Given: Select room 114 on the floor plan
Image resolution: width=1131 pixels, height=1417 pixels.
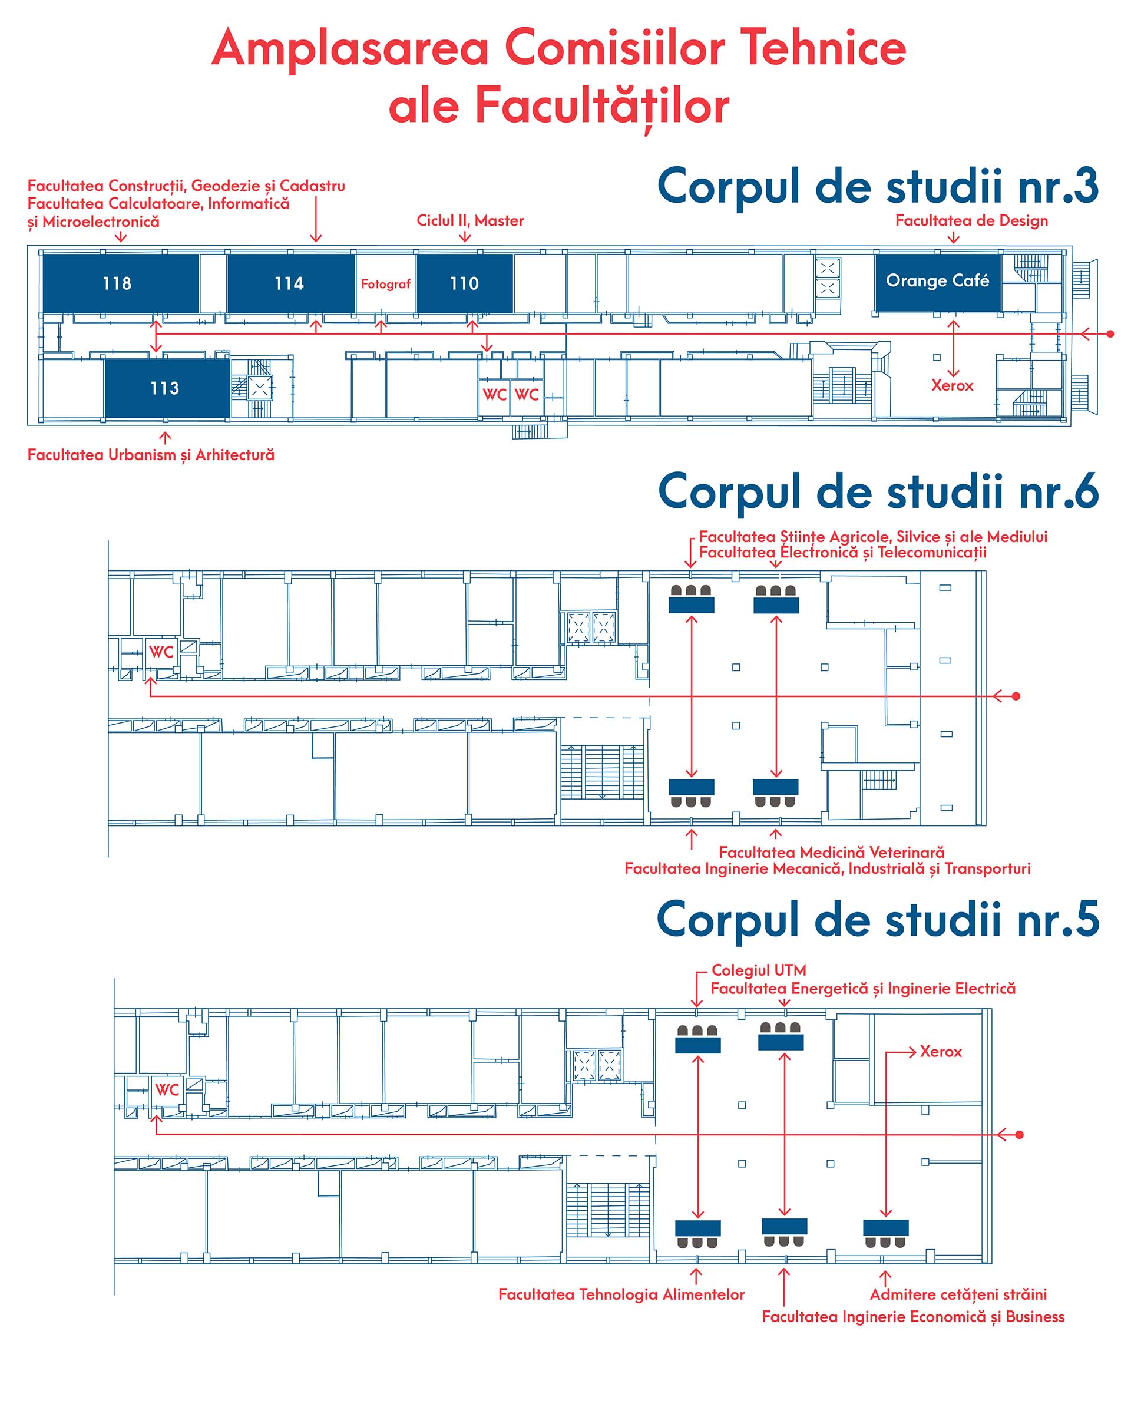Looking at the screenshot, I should pyautogui.click(x=290, y=283).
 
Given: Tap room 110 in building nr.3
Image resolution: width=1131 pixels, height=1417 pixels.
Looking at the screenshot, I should pyautogui.click(x=465, y=283).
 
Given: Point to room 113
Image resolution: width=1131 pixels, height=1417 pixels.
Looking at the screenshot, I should pyautogui.click(x=166, y=388).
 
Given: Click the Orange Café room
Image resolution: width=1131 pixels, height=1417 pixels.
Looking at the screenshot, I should pyautogui.click(x=937, y=280).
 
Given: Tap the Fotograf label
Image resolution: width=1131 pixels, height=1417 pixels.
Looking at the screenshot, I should pyautogui.click(x=386, y=284).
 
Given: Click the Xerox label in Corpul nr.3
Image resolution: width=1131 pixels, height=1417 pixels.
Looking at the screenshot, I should pyautogui.click(x=951, y=385).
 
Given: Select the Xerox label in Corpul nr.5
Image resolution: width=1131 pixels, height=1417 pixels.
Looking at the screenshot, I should pyautogui.click(x=940, y=1052).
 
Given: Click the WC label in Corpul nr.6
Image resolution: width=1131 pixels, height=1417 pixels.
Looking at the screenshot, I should pyautogui.click(x=161, y=652).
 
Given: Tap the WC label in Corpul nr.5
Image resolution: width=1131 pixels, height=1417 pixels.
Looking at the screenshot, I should pyautogui.click(x=167, y=1089).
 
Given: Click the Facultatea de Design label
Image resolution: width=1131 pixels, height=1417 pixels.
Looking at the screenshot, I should pyautogui.click(x=971, y=221).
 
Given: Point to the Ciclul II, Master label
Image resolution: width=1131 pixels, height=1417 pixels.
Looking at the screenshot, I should pyautogui.click(x=471, y=221).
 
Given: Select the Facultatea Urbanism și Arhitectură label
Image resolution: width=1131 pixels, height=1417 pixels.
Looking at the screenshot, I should pyautogui.click(x=151, y=455).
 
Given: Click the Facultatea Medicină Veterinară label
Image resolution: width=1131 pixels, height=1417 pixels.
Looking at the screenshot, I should pyautogui.click(x=831, y=853).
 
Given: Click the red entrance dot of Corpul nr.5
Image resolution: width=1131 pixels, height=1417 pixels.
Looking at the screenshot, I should pyautogui.click(x=1019, y=1135).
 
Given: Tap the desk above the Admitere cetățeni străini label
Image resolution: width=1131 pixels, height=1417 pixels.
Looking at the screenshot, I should pyautogui.click(x=885, y=1227).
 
